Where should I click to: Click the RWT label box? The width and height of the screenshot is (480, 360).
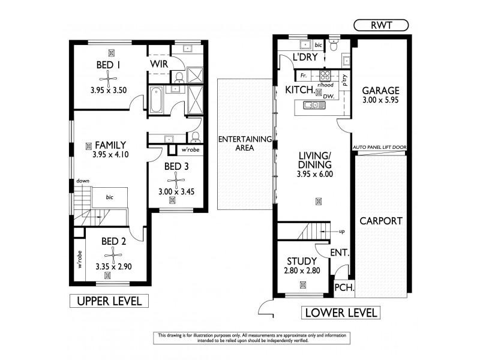point(380,25)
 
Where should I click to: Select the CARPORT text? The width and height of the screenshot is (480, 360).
point(381,220)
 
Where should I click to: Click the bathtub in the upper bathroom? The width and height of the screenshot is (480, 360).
point(155,100)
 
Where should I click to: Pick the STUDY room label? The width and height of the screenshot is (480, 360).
point(302,261)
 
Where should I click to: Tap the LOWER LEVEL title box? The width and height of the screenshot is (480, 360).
point(341,312)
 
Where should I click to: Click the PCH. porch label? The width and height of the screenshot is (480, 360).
point(344,288)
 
